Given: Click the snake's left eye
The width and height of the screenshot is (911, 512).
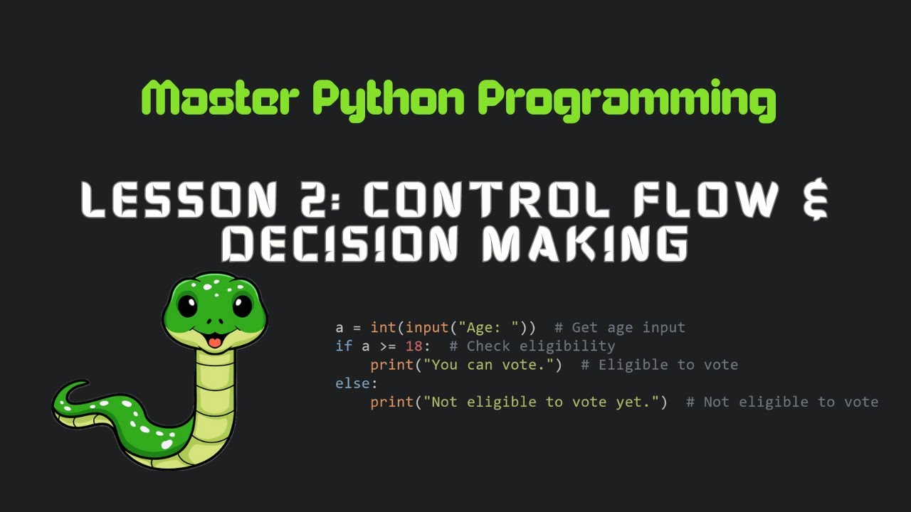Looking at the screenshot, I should pyautogui.click(x=188, y=306).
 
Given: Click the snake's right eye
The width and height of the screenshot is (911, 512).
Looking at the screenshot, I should pyautogui.click(x=242, y=306).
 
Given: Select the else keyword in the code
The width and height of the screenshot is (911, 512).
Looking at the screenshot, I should pyautogui.click(x=356, y=383).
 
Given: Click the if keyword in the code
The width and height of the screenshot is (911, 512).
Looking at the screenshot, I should pyautogui.click(x=344, y=346).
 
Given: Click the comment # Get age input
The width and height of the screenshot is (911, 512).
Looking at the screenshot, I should pyautogui.click(x=619, y=328).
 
